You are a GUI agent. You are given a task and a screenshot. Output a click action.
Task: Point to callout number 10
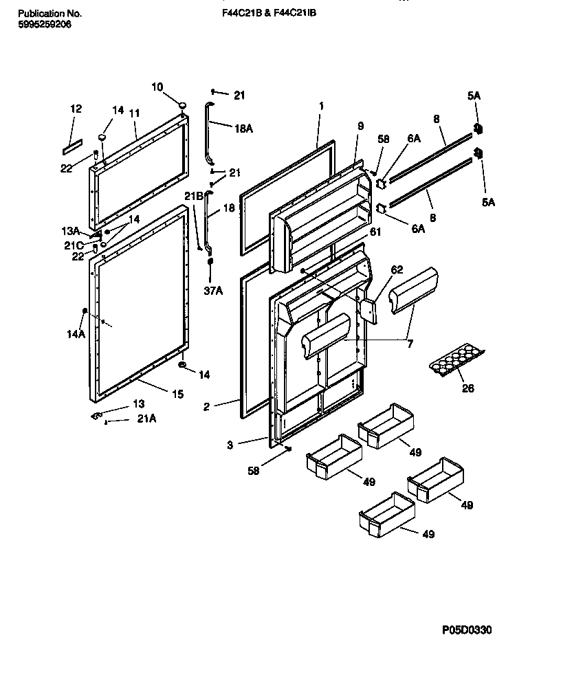(157, 87)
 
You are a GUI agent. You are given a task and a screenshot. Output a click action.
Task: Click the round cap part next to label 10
(183, 104)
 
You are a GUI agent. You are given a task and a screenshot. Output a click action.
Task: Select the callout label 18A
(245, 129)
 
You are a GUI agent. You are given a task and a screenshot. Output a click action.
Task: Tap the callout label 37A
(214, 291)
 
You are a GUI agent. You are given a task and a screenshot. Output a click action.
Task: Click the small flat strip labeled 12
(72, 146)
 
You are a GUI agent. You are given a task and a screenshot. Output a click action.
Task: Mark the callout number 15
(177, 393)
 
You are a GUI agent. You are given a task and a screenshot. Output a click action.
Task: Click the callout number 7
(410, 343)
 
